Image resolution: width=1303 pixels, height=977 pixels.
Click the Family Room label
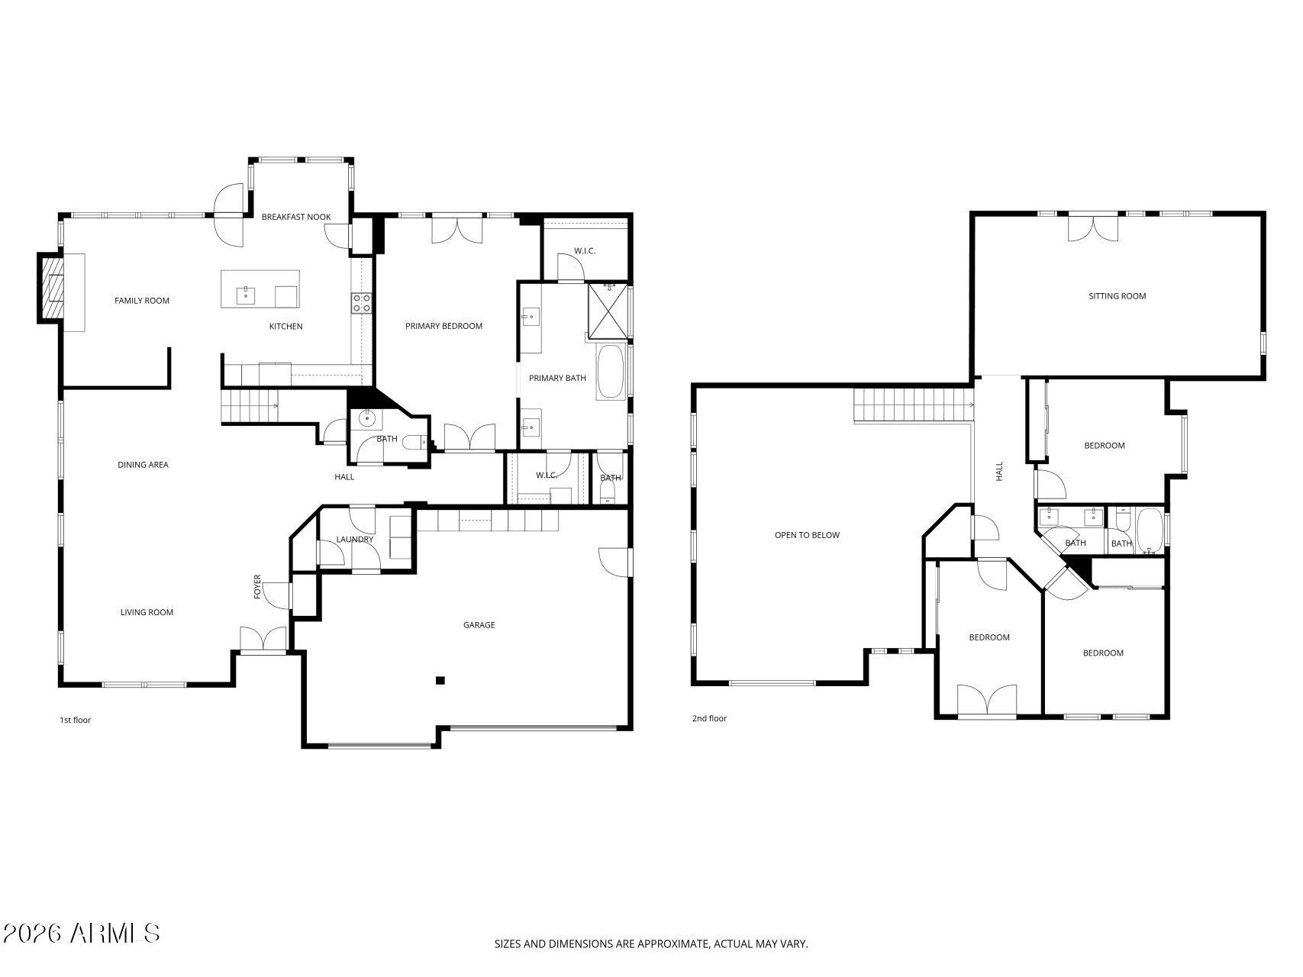[142, 301]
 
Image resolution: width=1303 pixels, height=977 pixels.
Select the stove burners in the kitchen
[361, 303]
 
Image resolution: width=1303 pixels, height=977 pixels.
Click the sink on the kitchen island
[245, 294]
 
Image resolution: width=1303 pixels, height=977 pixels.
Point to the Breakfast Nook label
[296, 217]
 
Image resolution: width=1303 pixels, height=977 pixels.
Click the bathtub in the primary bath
[611, 372]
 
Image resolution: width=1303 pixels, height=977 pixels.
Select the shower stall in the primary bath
[608, 311]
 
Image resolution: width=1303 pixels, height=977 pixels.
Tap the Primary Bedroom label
[443, 326]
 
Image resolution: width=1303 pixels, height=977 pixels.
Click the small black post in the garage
[440, 680]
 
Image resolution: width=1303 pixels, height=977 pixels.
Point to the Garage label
[479, 625]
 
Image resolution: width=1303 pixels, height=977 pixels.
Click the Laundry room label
[355, 540]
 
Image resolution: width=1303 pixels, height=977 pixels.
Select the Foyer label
[257, 586]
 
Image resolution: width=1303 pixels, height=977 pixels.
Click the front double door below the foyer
[263, 640]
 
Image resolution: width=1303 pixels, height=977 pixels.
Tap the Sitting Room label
[1117, 296]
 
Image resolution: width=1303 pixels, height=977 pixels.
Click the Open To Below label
[807, 535]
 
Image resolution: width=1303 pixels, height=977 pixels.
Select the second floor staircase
[913, 405]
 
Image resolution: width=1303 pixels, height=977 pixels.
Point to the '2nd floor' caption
[709, 718]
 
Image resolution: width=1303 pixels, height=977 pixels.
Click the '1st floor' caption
[76, 720]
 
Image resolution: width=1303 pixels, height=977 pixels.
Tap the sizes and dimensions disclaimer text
[651, 944]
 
